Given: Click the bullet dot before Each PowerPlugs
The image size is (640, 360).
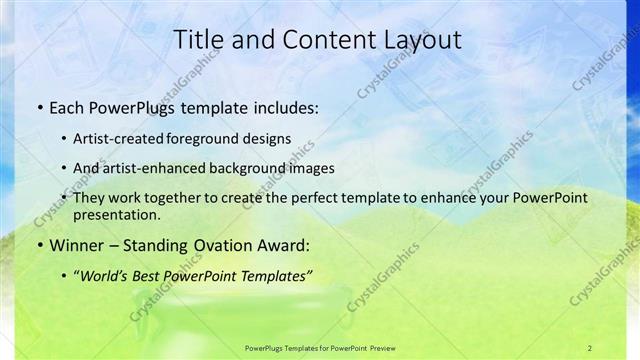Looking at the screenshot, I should pyautogui.click(x=38, y=106).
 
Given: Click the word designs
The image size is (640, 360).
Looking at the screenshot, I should pyautogui.click(x=267, y=138).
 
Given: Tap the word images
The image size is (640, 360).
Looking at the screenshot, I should pyautogui.click(x=307, y=168).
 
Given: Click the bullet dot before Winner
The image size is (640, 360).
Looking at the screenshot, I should pyautogui.click(x=38, y=245).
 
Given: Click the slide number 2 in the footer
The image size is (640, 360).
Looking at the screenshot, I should pyautogui.click(x=590, y=347).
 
